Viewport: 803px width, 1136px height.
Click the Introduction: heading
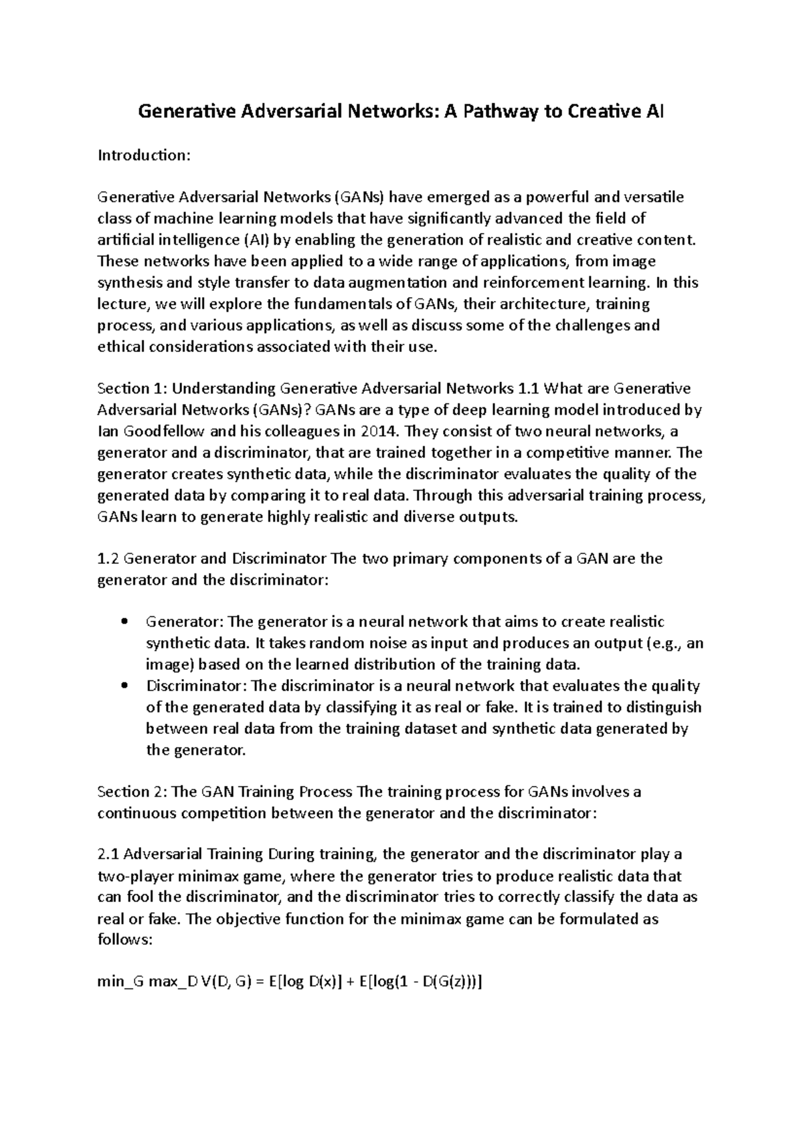(x=144, y=155)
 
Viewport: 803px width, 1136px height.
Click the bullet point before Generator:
(x=124, y=622)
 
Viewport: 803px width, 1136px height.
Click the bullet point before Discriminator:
(x=124, y=686)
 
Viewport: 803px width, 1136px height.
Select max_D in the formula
(x=173, y=983)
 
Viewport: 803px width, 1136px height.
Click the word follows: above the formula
(x=125, y=940)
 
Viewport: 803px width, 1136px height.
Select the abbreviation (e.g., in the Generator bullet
(x=666, y=644)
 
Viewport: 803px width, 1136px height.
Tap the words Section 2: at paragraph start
(x=131, y=792)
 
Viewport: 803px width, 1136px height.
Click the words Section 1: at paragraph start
(x=131, y=389)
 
